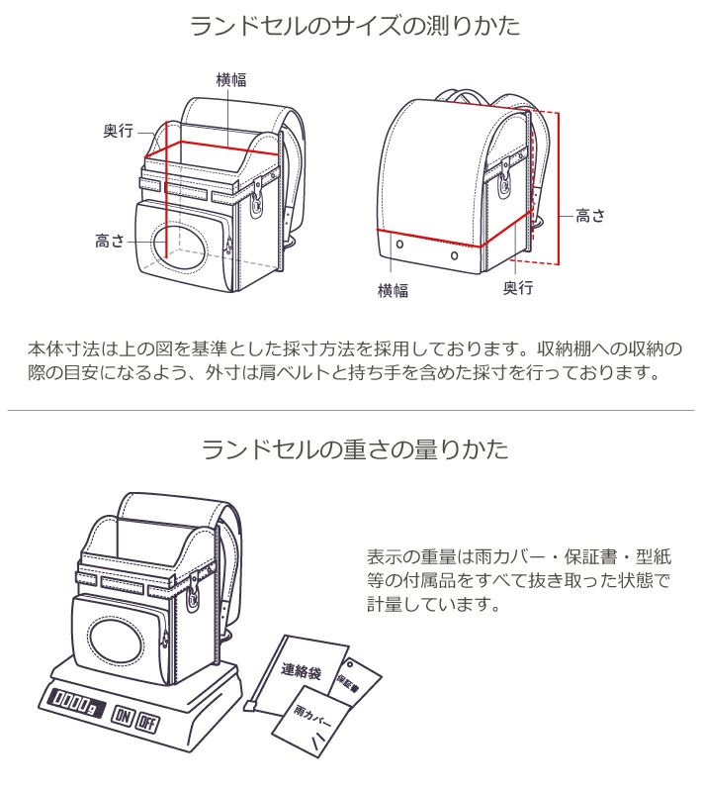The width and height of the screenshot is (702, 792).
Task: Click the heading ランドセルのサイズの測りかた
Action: [x=355, y=26]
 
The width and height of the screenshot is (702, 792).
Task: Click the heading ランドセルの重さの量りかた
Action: [x=355, y=449]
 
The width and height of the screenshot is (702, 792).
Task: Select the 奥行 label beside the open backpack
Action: [x=118, y=132]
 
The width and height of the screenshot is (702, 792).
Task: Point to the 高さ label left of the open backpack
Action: [x=109, y=241]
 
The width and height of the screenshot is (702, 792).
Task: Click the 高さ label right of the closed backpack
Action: [x=590, y=215]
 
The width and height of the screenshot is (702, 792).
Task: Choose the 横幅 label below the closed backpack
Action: [x=393, y=291]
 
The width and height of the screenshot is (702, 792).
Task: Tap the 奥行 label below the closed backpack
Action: [x=517, y=288]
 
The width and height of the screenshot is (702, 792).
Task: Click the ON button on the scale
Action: [x=124, y=718]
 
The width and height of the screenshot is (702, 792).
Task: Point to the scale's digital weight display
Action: [x=70, y=701]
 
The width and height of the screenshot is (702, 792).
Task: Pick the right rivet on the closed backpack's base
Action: [x=454, y=255]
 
